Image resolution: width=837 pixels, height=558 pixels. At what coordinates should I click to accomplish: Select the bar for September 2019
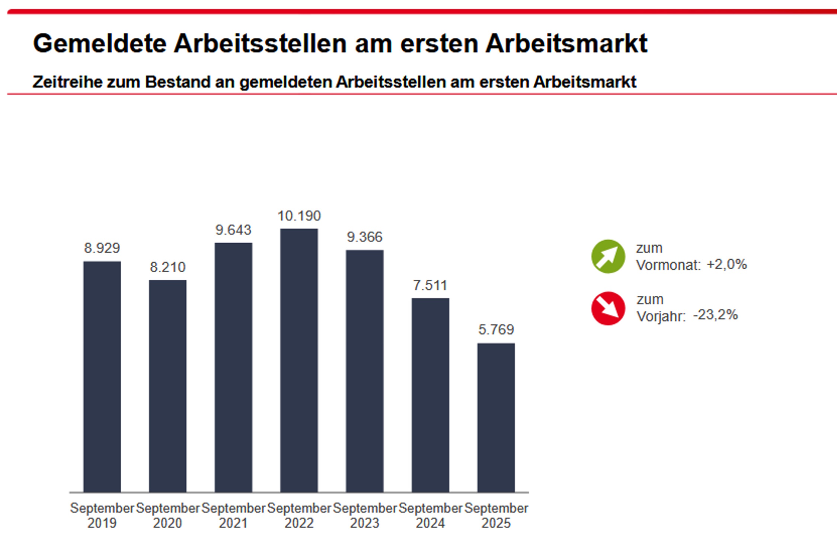[102, 376]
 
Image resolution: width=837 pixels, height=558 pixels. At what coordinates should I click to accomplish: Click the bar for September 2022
[299, 360]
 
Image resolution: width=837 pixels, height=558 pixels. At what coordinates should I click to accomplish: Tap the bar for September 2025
[496, 417]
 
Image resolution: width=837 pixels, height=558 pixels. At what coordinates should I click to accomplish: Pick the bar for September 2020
[167, 386]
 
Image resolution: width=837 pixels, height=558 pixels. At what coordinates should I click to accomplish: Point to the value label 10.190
[299, 216]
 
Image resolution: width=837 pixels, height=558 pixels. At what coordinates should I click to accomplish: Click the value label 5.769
[496, 330]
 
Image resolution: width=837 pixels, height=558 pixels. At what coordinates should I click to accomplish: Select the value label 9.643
[233, 230]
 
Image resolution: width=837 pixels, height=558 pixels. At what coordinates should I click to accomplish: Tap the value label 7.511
[430, 285]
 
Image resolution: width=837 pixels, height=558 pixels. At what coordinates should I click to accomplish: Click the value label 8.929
[102, 248]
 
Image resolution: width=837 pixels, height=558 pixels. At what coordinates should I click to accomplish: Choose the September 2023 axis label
[365, 515]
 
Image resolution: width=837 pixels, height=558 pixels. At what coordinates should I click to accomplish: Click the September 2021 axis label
[233, 515]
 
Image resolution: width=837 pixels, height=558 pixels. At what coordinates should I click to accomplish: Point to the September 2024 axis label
[430, 515]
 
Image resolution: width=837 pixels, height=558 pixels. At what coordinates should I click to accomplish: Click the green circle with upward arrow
[608, 256]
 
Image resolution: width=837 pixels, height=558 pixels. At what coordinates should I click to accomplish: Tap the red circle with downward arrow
[608, 308]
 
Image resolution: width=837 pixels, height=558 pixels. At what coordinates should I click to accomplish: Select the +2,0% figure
[726, 264]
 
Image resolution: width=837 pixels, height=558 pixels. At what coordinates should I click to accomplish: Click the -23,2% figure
[715, 315]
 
